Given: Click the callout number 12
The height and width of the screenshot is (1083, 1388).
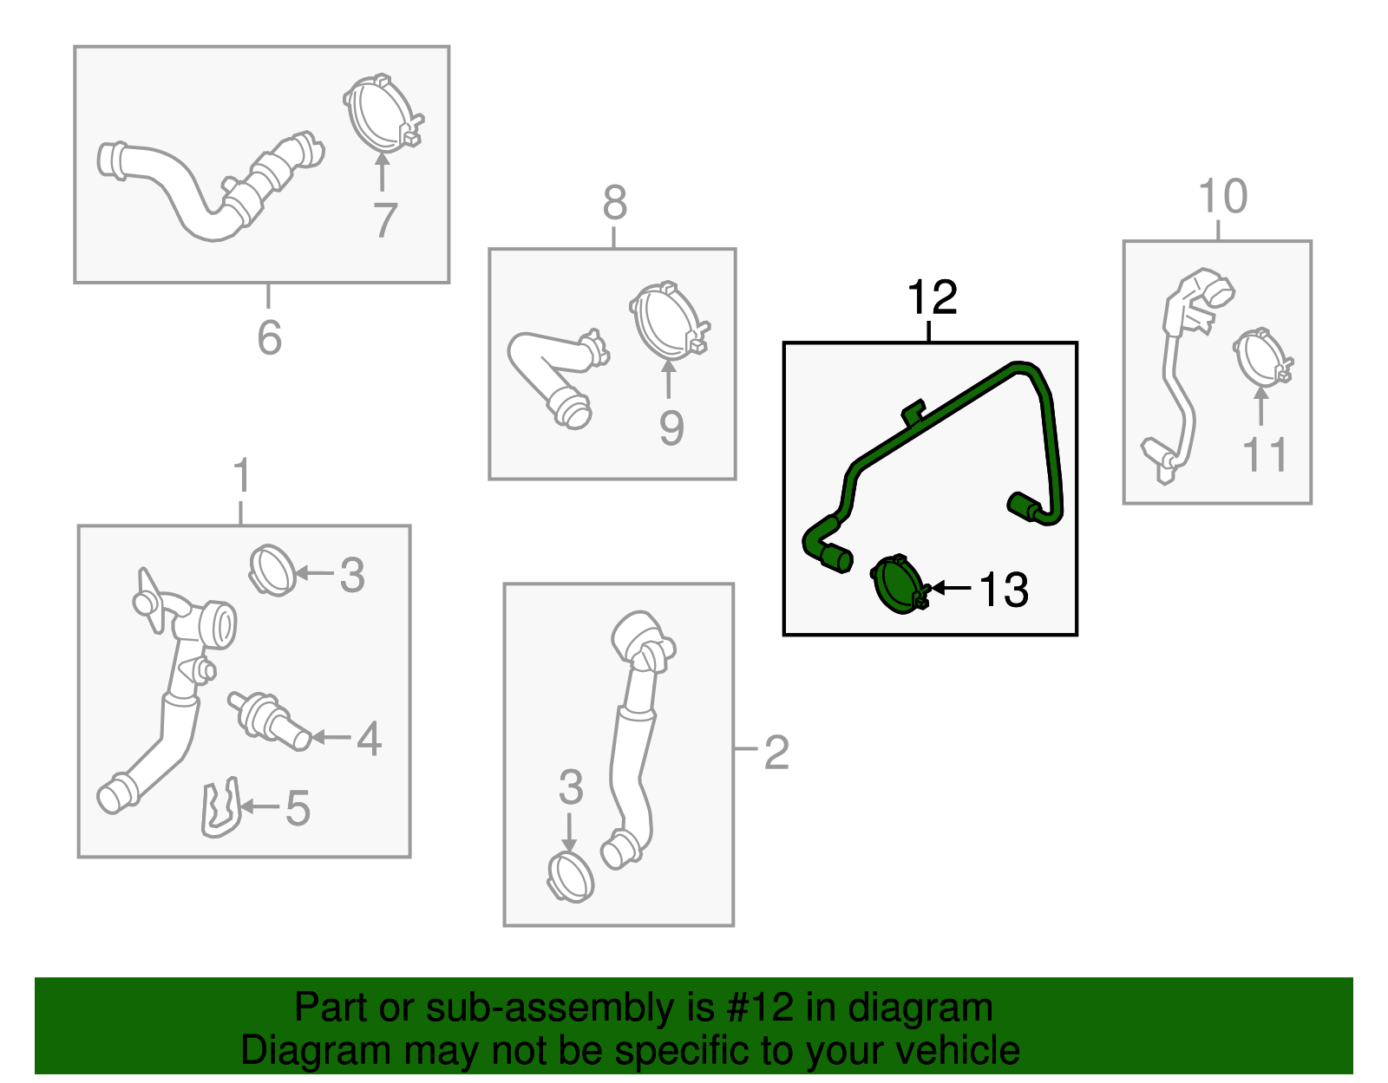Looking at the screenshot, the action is (932, 297).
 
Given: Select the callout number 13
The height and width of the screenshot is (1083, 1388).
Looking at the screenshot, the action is (1004, 590).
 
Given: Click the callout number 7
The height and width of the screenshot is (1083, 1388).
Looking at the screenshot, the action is (385, 219).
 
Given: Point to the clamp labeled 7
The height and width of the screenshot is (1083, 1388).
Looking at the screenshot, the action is (384, 114).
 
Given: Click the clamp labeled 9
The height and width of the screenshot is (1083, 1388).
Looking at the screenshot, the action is (670, 321).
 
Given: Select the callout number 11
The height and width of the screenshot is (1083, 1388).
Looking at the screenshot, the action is (1264, 455).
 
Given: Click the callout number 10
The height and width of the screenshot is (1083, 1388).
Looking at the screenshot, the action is (1222, 196).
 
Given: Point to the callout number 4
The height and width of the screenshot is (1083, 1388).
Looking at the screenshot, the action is (370, 739).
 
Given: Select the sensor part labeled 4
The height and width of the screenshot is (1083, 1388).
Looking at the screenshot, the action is (270, 721).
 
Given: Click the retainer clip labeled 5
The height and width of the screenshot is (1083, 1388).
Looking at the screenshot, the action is (220, 807).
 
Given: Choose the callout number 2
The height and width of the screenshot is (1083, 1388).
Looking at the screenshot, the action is (776, 753).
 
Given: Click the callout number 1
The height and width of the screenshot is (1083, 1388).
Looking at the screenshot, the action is (241, 475).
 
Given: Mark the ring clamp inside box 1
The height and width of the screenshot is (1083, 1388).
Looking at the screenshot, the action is (272, 571).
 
